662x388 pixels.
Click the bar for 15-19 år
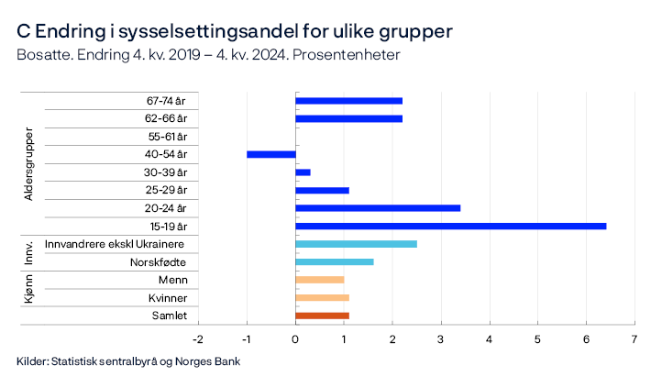click(x=450, y=226)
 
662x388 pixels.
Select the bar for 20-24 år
click(x=378, y=208)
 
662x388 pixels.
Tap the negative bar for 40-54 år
click(x=271, y=154)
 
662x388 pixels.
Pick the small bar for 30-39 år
click(x=303, y=172)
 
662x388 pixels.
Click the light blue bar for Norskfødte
click(x=334, y=261)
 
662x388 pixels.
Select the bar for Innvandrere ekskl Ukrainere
click(x=356, y=244)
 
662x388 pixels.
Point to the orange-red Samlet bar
click(x=322, y=316)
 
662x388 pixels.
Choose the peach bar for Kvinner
click(x=322, y=297)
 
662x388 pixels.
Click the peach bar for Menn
click(x=319, y=280)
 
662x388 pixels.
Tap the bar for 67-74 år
click(x=348, y=101)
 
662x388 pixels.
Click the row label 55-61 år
click(x=167, y=137)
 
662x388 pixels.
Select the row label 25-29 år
click(x=167, y=190)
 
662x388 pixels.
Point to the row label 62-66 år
click(x=167, y=118)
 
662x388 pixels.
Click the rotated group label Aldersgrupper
click(x=28, y=163)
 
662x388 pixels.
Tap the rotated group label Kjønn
click(x=28, y=297)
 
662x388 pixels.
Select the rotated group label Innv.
click(x=28, y=253)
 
